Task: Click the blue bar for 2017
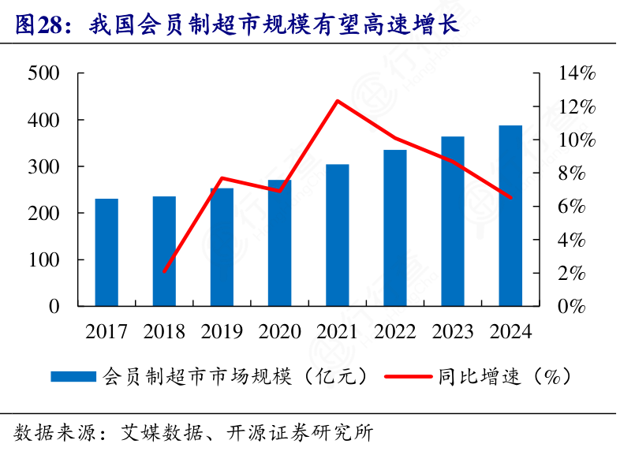pyautogui.click(x=106, y=252)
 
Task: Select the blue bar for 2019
pyautogui.click(x=222, y=246)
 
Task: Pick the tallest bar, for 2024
pyautogui.click(x=510, y=214)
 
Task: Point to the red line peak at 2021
pyautogui.click(x=337, y=101)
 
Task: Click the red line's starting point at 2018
pyautogui.click(x=164, y=271)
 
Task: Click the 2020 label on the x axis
pyautogui.click(x=279, y=331)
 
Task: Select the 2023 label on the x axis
pyautogui.click(x=452, y=331)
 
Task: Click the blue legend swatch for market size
pyautogui.click(x=74, y=377)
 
